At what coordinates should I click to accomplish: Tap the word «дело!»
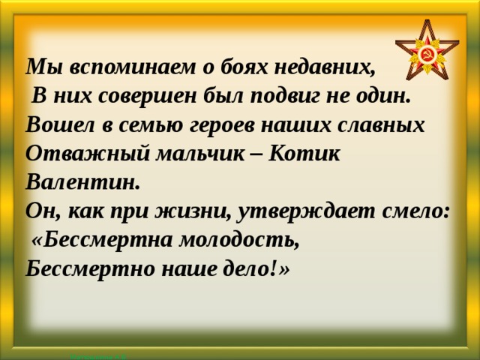pos(248,268)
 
